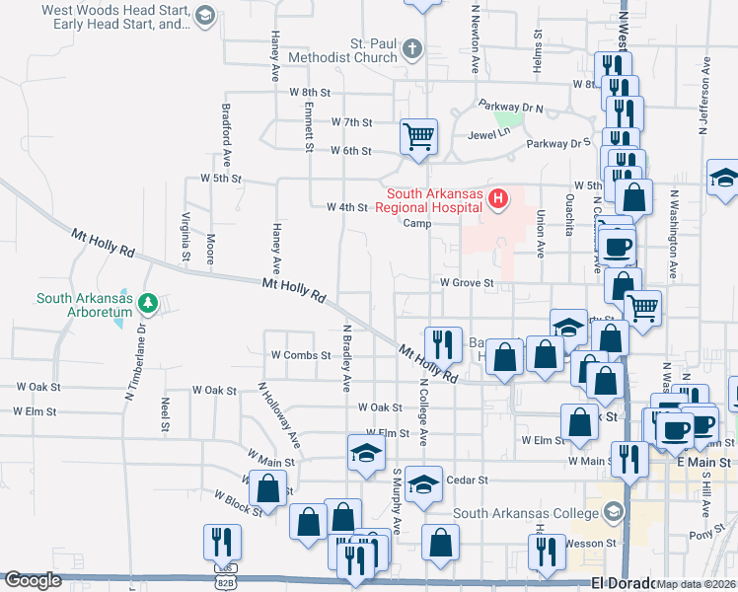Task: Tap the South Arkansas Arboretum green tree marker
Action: pos(148,300)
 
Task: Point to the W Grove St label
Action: pos(466,283)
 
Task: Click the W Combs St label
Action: pos(300,354)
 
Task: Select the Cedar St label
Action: pos(468,481)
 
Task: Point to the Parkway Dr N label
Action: pos(511,105)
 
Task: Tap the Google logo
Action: pos(33,580)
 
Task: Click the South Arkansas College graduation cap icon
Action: pos(614,511)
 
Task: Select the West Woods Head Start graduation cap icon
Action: pos(204,15)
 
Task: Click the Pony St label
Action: pos(701,534)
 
